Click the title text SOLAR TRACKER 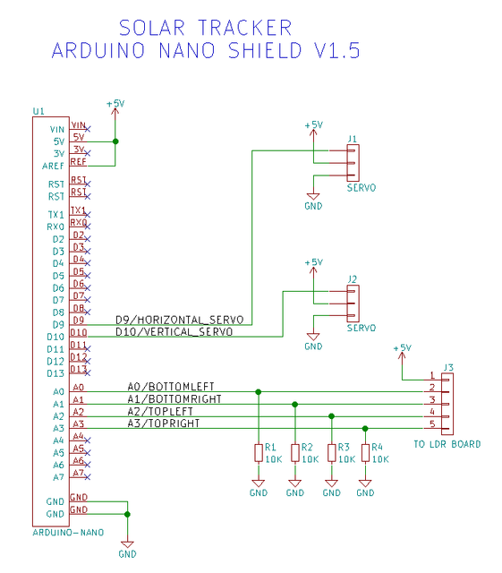point(205,28)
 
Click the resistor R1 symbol point(259,453)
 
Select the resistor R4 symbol point(365,453)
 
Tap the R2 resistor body point(294,453)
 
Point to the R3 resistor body point(331,453)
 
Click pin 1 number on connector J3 point(432,376)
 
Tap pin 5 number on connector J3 point(432,423)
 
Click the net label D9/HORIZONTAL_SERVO point(179,320)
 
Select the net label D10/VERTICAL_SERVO point(174,332)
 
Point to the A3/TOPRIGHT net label point(164,423)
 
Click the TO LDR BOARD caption point(447,444)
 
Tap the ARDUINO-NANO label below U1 point(67,532)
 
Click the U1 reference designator point(38,112)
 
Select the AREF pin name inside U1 point(52,166)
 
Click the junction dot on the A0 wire point(259,392)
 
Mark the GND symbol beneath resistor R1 point(259,489)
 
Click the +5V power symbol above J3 point(402,348)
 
